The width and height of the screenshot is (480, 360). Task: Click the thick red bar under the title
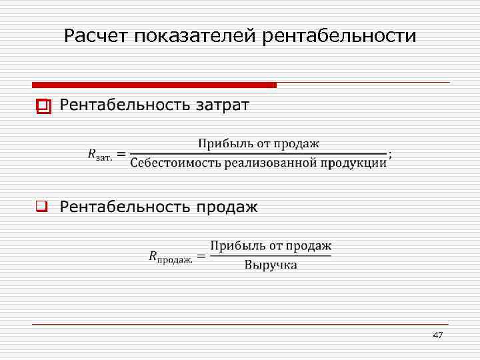click(154, 85)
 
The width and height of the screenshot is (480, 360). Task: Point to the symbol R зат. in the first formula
click(99, 155)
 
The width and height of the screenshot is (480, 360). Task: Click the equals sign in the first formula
click(122, 154)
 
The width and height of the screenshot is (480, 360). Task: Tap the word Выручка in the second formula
click(271, 265)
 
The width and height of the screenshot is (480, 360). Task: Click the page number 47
click(437, 335)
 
